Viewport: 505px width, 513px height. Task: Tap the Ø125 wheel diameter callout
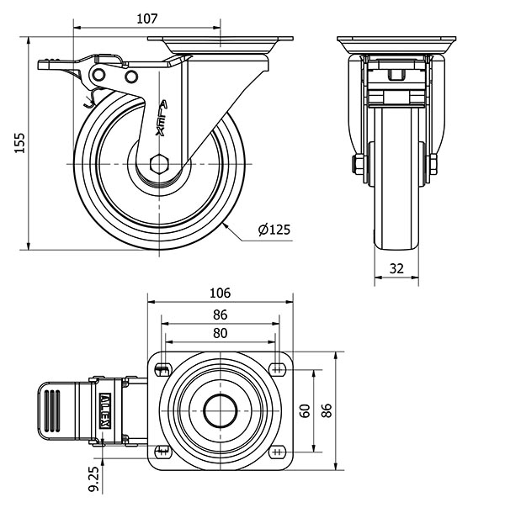[274, 229]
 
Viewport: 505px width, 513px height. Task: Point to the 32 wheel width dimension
[397, 268]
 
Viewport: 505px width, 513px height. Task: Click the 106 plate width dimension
[220, 294]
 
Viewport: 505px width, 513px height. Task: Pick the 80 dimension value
[220, 332]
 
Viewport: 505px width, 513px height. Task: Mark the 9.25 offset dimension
[94, 479]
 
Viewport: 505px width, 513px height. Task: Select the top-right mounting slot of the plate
[278, 368]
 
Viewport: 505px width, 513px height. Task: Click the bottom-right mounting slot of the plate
[278, 452]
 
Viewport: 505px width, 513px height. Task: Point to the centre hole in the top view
[221, 410]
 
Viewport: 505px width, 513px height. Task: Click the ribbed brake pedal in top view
[54, 410]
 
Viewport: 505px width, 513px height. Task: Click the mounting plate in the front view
[396, 43]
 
